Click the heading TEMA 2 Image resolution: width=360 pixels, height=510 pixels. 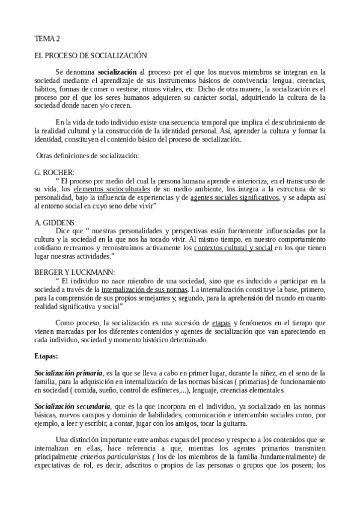[x=47, y=39]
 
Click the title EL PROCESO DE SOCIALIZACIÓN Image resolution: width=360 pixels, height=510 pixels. [x=91, y=55]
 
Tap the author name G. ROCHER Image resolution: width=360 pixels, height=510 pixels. [x=55, y=173]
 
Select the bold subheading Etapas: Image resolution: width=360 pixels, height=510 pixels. [x=46, y=356]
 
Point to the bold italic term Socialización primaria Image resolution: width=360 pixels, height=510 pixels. [x=69, y=373]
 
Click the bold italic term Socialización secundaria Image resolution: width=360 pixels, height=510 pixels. [x=73, y=407]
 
